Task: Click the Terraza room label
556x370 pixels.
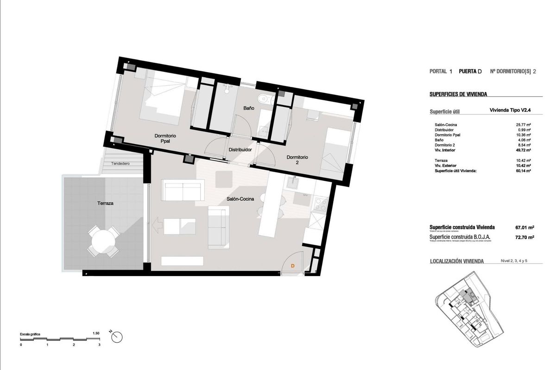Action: pos(106,203)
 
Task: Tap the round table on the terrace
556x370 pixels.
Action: pos(104,241)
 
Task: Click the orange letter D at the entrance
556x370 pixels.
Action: pos(292,266)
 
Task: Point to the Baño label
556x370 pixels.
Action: pos(249,108)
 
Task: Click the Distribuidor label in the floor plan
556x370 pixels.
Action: pos(240,150)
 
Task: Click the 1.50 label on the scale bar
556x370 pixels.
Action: pos(96,333)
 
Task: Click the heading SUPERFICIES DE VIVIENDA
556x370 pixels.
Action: pos(458,94)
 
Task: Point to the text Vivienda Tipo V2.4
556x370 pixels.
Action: pos(510,110)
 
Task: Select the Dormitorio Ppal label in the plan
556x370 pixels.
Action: pos(165,139)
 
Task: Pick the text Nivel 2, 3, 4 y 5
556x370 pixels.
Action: pos(514,261)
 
